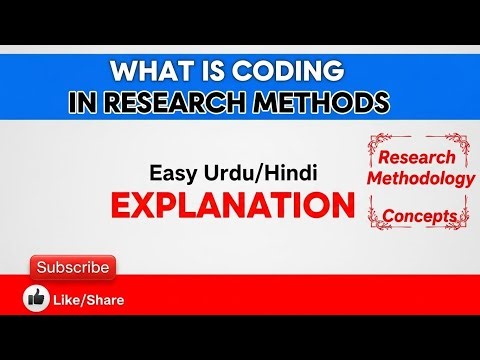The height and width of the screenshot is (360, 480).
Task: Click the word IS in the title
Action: click(x=207, y=73)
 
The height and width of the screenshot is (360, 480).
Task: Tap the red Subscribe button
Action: click(x=72, y=268)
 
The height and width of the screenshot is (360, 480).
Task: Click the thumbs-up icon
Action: click(x=38, y=298)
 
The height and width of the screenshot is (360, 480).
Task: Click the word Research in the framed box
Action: click(x=416, y=158)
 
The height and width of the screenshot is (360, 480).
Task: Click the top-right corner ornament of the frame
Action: click(x=461, y=142)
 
